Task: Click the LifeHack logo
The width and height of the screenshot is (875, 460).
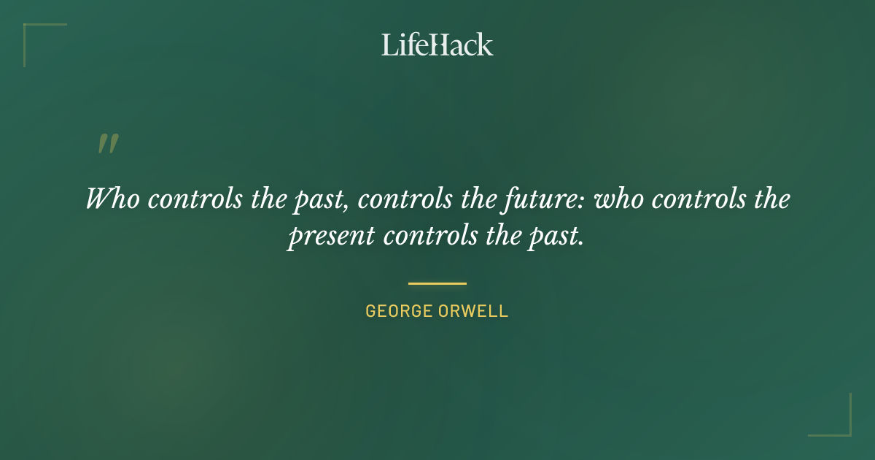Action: point(437,45)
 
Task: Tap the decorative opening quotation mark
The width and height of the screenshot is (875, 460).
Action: point(108,144)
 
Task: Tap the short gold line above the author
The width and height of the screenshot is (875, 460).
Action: point(437,283)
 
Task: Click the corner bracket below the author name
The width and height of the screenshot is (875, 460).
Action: point(838,423)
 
